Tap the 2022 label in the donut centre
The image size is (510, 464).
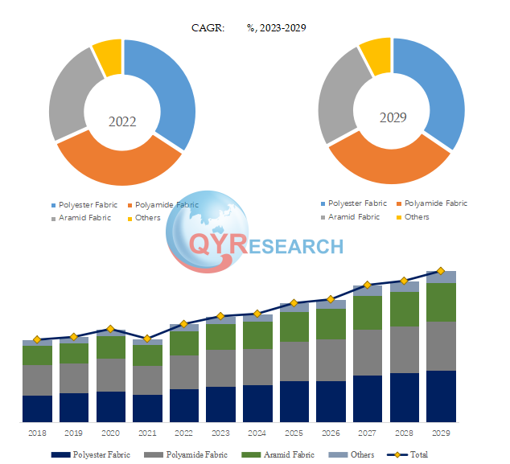point(122,122)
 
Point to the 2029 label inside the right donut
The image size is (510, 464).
point(393,117)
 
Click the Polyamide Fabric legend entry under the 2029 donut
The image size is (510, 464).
point(435,203)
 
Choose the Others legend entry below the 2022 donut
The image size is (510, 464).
point(148,218)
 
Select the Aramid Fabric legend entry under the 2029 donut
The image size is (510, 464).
point(353,216)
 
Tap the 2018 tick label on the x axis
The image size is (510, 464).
point(36,433)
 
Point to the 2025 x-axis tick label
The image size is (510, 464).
point(294,433)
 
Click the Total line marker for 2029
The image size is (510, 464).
point(441,271)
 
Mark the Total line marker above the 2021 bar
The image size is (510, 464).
point(147,339)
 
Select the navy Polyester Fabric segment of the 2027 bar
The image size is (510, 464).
point(368,399)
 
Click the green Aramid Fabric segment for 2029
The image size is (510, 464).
point(441,302)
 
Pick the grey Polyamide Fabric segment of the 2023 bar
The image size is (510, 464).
point(220,368)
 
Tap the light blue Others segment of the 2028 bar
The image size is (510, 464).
point(405,286)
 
